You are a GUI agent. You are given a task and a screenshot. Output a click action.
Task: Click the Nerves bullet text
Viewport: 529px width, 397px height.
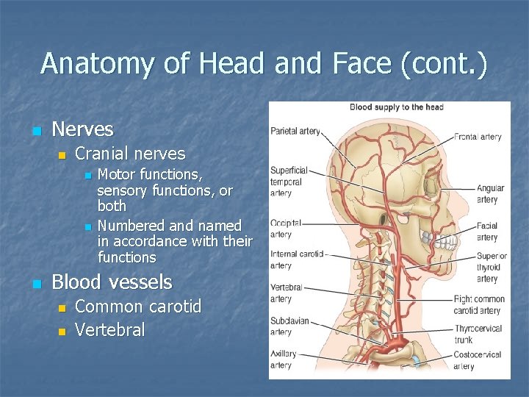coord(82,130)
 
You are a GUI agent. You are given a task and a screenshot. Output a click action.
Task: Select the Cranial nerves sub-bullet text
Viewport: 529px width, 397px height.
coord(130,154)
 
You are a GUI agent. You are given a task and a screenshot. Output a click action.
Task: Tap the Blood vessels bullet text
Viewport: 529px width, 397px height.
coord(112,282)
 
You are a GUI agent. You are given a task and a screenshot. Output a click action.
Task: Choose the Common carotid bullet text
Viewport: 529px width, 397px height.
coord(138,307)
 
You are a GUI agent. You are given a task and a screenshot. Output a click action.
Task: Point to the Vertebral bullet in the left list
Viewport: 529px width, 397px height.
coord(110,330)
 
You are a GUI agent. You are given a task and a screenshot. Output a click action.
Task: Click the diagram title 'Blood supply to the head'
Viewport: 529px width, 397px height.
coord(396,107)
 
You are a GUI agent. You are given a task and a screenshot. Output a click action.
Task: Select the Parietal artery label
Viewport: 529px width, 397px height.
coord(295,132)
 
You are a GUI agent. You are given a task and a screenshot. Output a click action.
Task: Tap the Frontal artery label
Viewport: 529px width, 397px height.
coord(478,137)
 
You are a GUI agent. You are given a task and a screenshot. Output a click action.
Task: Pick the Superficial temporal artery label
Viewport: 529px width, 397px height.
coord(289,182)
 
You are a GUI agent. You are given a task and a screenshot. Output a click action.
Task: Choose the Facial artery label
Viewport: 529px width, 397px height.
coord(486,232)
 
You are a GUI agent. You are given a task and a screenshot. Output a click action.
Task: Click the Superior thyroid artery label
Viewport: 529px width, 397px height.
coord(490,268)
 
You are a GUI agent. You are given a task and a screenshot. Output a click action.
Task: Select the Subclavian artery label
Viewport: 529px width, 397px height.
coord(289,326)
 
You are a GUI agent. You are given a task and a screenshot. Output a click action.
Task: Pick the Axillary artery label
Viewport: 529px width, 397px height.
coord(283,360)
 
